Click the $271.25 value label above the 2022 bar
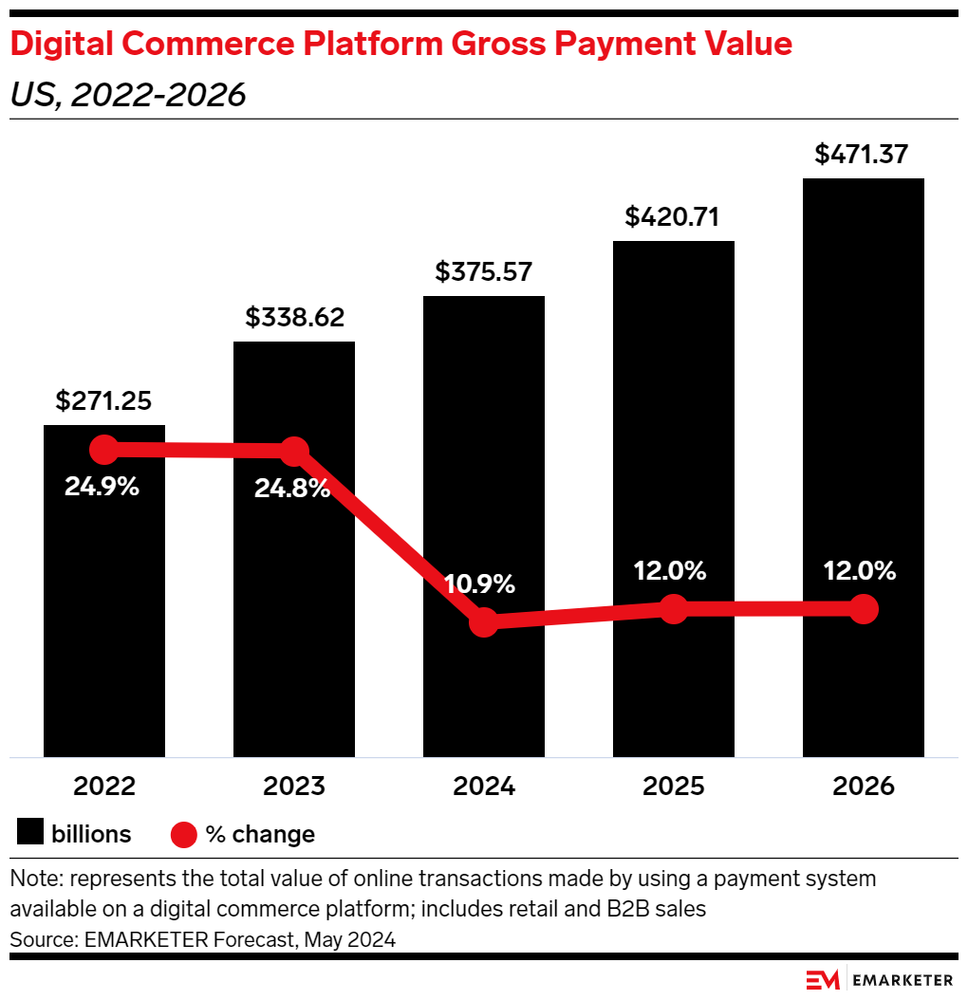click(103, 401)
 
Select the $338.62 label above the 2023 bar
click(294, 318)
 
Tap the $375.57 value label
click(484, 272)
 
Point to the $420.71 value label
click(673, 217)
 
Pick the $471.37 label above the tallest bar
click(863, 155)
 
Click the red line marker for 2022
click(103, 450)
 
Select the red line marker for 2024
click(484, 622)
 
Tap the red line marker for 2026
click(863, 609)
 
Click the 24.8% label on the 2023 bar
click(292, 489)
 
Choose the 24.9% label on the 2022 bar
click(102, 487)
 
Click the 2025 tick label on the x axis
click(673, 787)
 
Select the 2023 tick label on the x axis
click(294, 787)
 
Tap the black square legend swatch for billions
click(30, 834)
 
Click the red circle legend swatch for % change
click(183, 835)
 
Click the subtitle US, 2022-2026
click(128, 95)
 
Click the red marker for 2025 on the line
click(673, 609)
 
